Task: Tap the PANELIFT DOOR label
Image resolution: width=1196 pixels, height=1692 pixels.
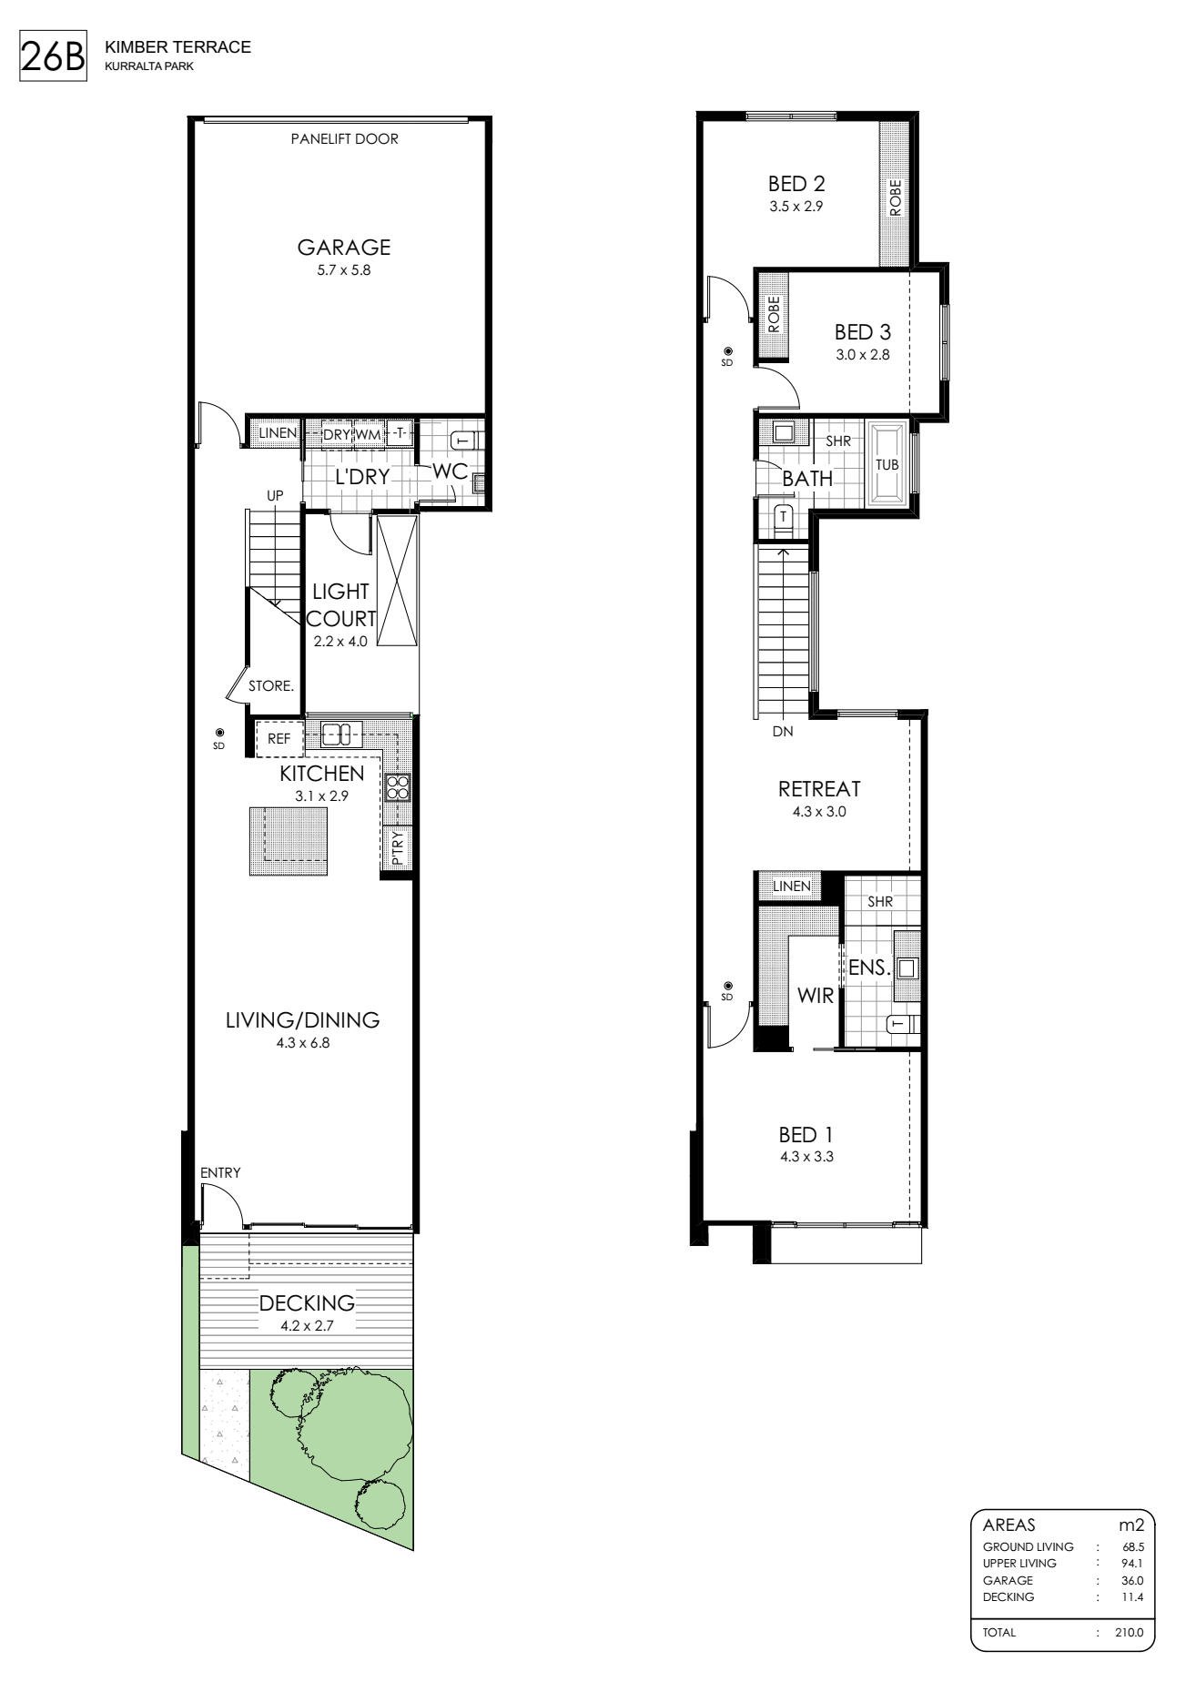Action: tap(344, 140)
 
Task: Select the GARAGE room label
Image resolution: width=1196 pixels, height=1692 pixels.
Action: tap(344, 247)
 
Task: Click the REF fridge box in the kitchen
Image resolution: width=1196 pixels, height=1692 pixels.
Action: tap(279, 739)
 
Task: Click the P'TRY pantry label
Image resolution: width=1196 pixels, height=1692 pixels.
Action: tap(398, 848)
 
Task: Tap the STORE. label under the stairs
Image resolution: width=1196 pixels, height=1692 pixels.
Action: tap(271, 686)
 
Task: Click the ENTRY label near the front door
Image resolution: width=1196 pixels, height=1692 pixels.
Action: tap(221, 1172)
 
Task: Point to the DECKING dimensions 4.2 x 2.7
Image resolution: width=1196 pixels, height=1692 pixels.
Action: tap(307, 1326)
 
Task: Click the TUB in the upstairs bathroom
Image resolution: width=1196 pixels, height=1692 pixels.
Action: tap(887, 463)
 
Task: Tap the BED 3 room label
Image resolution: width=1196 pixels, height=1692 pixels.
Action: tap(863, 333)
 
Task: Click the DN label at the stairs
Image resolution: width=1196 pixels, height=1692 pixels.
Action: tap(783, 730)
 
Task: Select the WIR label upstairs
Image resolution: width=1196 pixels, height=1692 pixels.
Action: tap(816, 996)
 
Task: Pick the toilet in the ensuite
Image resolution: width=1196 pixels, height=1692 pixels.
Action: tap(901, 1025)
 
